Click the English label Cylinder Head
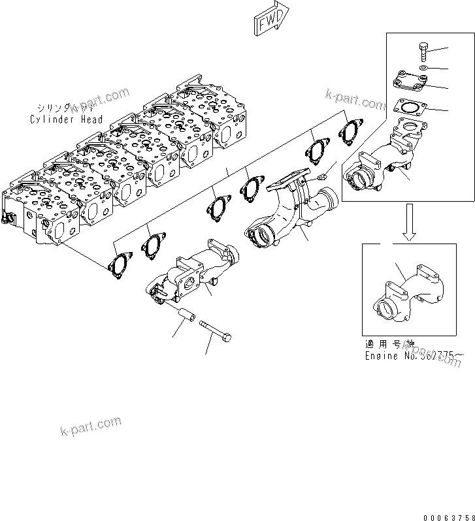tap(66, 119)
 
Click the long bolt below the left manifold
tap(216, 330)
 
